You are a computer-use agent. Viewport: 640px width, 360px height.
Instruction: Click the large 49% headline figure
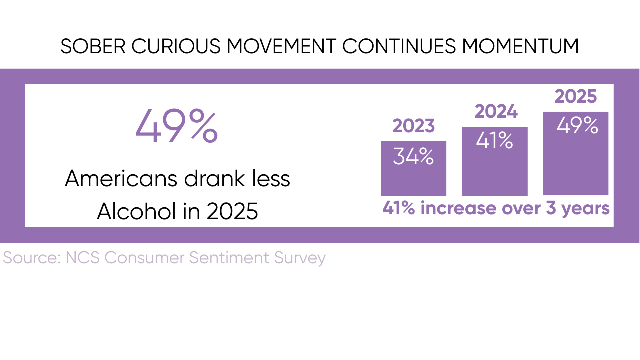[x=177, y=127]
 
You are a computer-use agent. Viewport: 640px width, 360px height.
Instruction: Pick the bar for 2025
[x=576, y=165]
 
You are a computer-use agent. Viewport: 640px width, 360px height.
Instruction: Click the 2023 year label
[x=413, y=126]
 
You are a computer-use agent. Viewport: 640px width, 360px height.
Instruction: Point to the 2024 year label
[x=496, y=112]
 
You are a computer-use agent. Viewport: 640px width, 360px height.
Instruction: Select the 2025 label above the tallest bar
[x=576, y=97]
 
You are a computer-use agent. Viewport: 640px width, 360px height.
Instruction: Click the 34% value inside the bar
[x=413, y=157]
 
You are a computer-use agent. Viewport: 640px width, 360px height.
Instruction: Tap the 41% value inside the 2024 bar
[x=494, y=142]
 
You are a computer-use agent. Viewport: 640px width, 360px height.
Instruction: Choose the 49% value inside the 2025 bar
[x=577, y=126]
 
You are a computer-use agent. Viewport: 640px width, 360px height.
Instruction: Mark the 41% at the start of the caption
[x=399, y=208]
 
